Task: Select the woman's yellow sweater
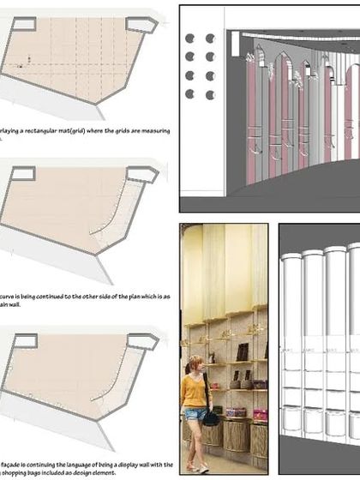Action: [x=193, y=391]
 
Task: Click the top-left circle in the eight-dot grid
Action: [x=189, y=39]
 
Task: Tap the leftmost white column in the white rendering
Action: [x=291, y=343]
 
